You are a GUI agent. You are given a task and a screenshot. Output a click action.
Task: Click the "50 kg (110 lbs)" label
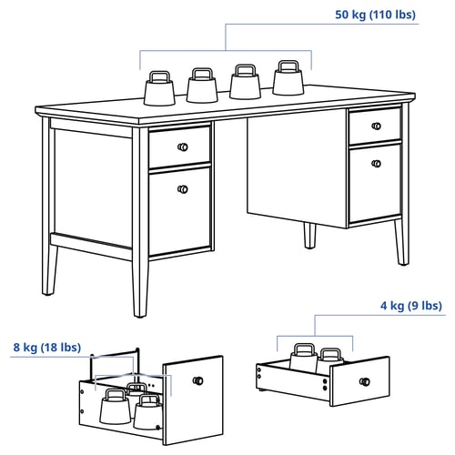(375, 15)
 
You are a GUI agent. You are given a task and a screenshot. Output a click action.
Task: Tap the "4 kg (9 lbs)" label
(411, 306)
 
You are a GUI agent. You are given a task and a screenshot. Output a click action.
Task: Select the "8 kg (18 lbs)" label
(47, 348)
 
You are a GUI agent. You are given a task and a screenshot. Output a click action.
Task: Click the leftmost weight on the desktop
(159, 88)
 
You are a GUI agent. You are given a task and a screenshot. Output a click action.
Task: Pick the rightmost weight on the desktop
(288, 77)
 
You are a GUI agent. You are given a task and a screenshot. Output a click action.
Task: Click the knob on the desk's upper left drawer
(183, 147)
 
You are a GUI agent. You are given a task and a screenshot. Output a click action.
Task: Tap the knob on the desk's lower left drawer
(183, 189)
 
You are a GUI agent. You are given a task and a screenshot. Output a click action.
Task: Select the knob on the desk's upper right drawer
(376, 126)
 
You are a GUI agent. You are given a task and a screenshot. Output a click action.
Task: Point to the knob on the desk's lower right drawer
(376, 164)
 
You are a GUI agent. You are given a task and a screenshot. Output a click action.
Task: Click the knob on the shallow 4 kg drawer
(365, 381)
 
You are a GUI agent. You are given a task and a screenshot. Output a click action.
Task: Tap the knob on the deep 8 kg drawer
(198, 380)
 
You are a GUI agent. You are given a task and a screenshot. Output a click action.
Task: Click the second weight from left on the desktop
(202, 86)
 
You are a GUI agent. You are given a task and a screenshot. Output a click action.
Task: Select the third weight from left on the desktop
(245, 82)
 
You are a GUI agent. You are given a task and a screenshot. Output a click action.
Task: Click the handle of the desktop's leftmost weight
(159, 76)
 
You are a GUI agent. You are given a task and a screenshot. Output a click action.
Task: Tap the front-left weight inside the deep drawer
(116, 407)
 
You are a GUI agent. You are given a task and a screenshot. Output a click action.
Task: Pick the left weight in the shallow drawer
(304, 357)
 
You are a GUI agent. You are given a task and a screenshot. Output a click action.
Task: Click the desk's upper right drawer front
(375, 126)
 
